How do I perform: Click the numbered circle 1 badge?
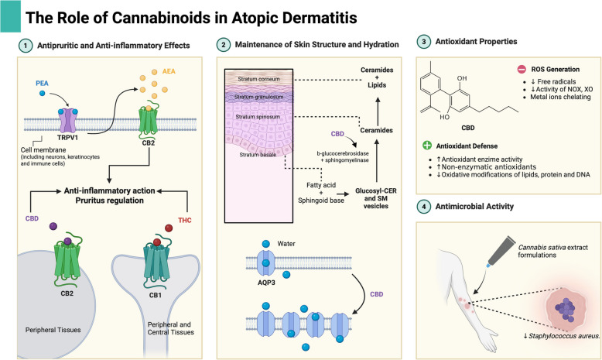pos(26,46)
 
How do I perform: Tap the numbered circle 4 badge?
pos(424,207)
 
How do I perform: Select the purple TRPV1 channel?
pos(67,120)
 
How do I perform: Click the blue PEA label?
pos(43,84)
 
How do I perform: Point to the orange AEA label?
pos(169,71)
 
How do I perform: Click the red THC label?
pos(185,220)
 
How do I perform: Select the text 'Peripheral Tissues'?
pos(53,330)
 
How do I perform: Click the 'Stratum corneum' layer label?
pos(258,79)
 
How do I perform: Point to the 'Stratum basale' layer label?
pos(258,155)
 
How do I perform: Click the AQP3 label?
pos(266,283)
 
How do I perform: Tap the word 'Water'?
pos(286,244)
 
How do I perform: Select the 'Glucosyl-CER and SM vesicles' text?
pos(376,198)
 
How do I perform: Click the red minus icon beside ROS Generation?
pos(522,69)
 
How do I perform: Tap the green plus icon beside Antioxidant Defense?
pos(427,146)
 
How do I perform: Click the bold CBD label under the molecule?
pos(468,128)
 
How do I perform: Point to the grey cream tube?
pos(501,251)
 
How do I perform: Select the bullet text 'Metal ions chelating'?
pos(560,97)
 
